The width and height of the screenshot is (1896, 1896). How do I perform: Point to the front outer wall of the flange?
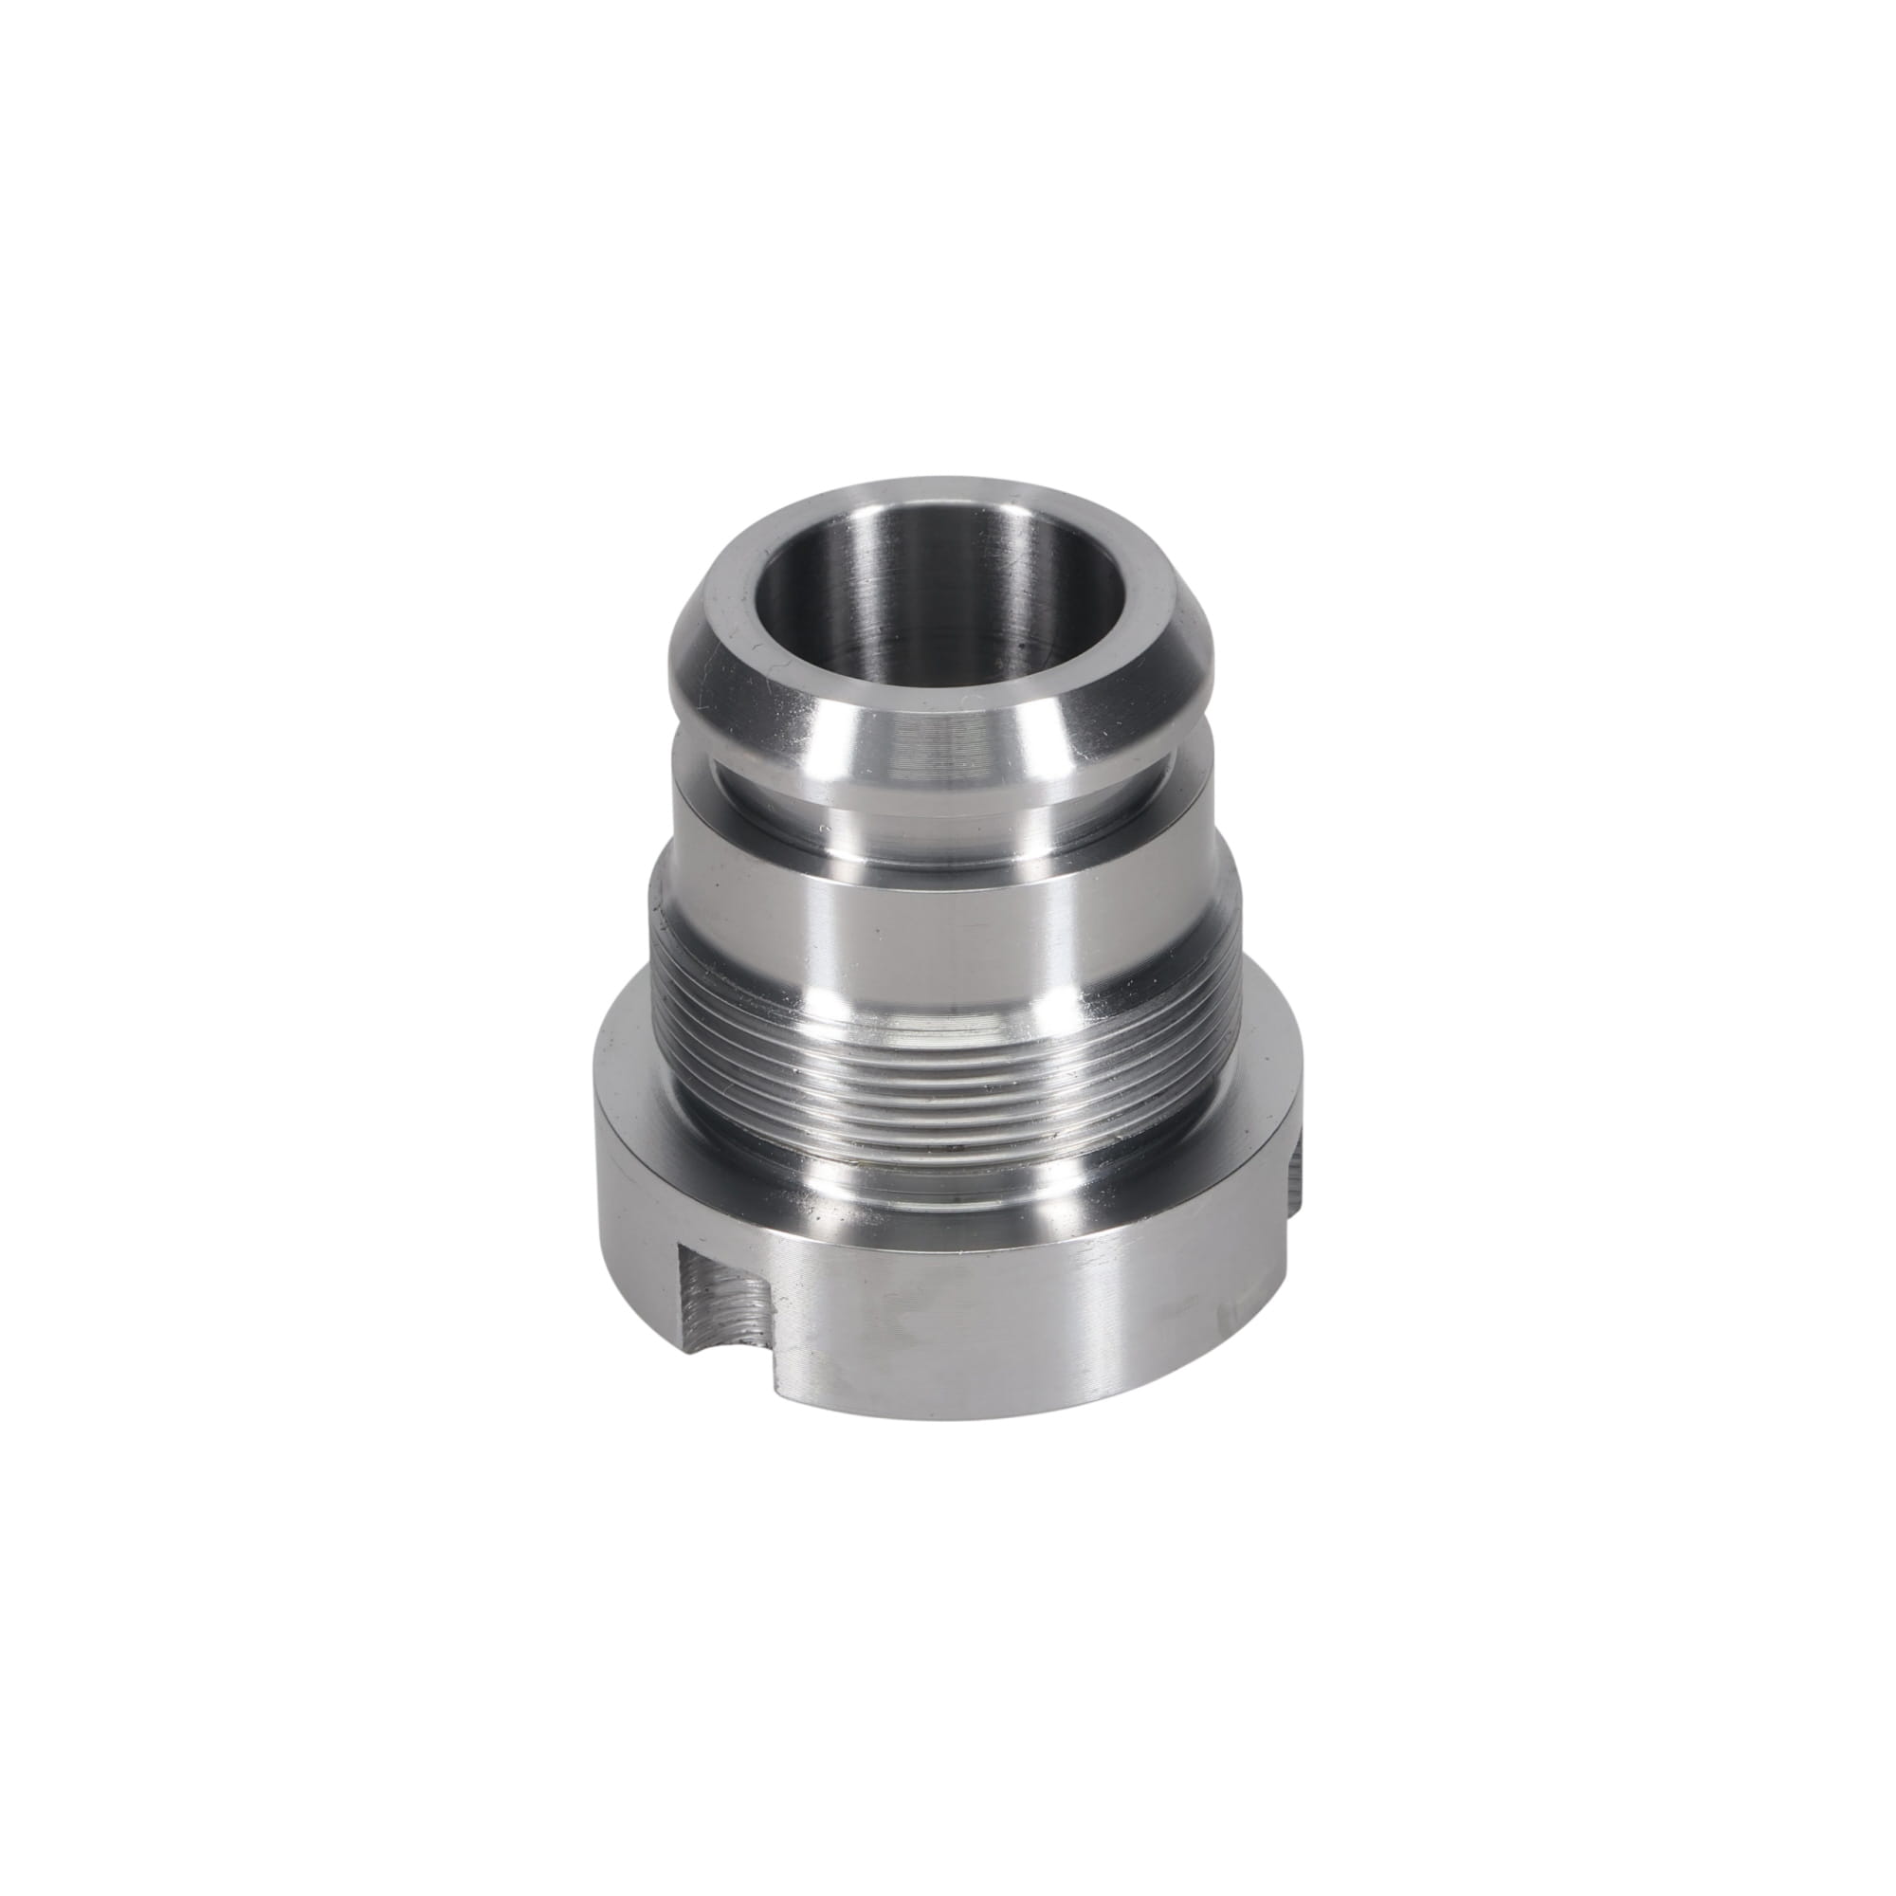click(981, 1315)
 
